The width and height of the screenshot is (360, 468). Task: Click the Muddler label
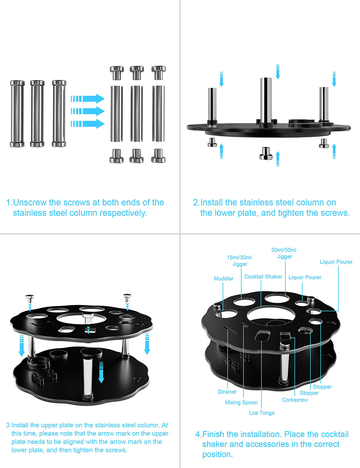pos(224,278)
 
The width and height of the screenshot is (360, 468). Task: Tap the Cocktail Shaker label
pos(263,276)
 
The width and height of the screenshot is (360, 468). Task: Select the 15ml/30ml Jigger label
pos(239,261)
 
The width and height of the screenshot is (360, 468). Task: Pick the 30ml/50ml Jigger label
pos(284,253)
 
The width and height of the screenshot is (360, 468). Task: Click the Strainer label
pos(227,392)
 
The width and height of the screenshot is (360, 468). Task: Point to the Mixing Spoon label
pos(241,402)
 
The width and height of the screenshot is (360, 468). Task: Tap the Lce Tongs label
pos(262,413)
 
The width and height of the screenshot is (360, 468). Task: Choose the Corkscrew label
pos(295,400)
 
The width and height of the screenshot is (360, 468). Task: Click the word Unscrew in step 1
pos(30,203)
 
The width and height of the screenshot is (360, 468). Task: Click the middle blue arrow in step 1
pos(88,111)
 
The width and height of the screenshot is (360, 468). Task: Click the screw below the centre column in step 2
pos(266,153)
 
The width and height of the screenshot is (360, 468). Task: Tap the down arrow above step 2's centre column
pos(278,71)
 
